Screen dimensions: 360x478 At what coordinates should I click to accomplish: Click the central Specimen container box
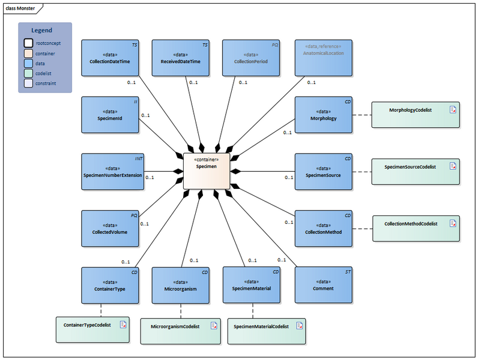[207, 171]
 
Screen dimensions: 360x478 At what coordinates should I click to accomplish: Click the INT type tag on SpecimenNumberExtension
[138, 159]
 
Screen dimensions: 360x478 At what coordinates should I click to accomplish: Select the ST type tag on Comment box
[347, 272]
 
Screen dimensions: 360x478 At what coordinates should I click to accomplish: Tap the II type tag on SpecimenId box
[136, 102]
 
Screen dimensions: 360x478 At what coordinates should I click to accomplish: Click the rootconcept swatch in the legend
[29, 43]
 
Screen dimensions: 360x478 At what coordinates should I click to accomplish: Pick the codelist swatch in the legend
[29, 73]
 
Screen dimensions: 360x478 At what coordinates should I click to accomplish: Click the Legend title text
[41, 30]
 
